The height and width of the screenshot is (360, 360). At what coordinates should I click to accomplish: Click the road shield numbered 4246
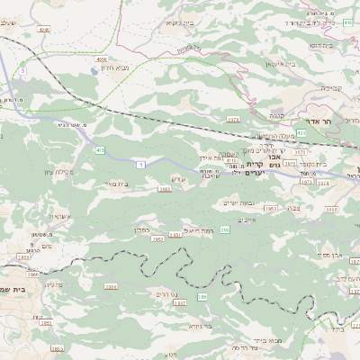click(x=44, y=31)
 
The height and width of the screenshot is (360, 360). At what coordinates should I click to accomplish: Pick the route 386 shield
click(x=202, y=296)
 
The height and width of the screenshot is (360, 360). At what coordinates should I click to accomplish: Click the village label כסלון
click(x=142, y=229)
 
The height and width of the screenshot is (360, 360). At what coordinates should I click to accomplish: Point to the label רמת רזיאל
click(x=195, y=229)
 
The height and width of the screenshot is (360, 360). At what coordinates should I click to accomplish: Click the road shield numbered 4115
click(x=230, y=160)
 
